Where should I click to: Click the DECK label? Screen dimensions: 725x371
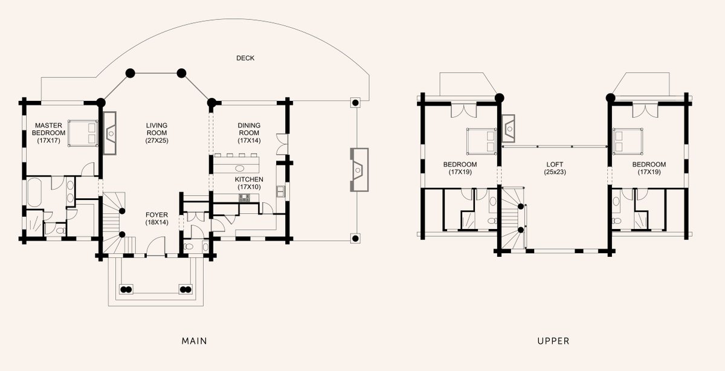point(245,58)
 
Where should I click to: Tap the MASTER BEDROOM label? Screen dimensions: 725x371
point(48,129)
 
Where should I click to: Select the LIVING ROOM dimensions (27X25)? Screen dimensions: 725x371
point(156,141)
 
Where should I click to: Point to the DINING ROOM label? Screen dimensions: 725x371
point(249,129)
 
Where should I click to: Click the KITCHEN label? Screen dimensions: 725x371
point(249,179)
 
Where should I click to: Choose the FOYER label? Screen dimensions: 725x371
point(156,215)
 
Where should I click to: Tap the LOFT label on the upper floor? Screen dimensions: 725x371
point(555,164)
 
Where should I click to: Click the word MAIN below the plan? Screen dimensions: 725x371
point(194,341)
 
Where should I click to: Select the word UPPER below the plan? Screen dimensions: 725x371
point(553,341)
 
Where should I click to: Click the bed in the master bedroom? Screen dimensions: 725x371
point(83,134)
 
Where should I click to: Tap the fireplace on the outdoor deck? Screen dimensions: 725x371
point(359,170)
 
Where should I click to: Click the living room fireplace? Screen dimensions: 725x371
point(110,133)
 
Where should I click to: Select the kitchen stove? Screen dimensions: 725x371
point(245,198)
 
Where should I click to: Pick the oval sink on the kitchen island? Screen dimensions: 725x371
point(240,168)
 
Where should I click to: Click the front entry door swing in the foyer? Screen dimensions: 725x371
point(156,246)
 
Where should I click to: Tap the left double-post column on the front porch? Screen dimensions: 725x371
point(126,289)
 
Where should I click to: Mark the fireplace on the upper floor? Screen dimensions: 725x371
point(509,129)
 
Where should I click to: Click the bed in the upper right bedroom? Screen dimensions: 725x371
point(628,141)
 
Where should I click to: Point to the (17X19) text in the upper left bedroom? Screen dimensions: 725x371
point(460,172)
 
